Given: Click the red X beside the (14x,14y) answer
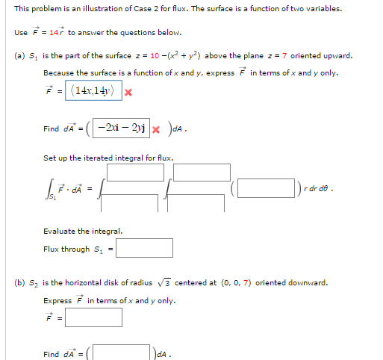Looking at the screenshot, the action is click(128, 93).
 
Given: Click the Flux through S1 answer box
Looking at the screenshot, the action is click(144, 248).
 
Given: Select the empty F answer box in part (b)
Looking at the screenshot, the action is click(93, 317).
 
